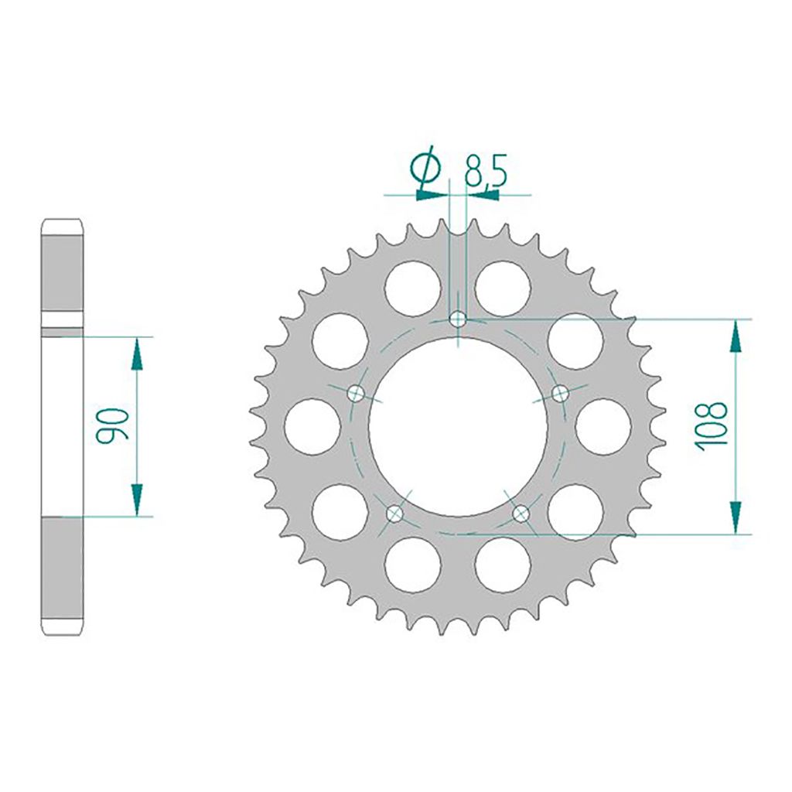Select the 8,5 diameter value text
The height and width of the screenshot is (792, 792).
[x=485, y=170]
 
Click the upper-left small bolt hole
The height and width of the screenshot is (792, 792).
[x=357, y=393]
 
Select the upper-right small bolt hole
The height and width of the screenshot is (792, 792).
[x=561, y=393]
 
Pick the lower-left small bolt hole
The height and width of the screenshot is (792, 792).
[x=395, y=512]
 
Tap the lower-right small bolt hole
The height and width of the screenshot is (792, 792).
[x=522, y=512]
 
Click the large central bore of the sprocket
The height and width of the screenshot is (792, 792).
[x=459, y=425]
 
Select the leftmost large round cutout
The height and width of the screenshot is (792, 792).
[x=312, y=426]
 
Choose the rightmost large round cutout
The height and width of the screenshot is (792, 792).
[x=605, y=426]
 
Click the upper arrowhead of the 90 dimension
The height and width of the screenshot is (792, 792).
[x=138, y=355]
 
